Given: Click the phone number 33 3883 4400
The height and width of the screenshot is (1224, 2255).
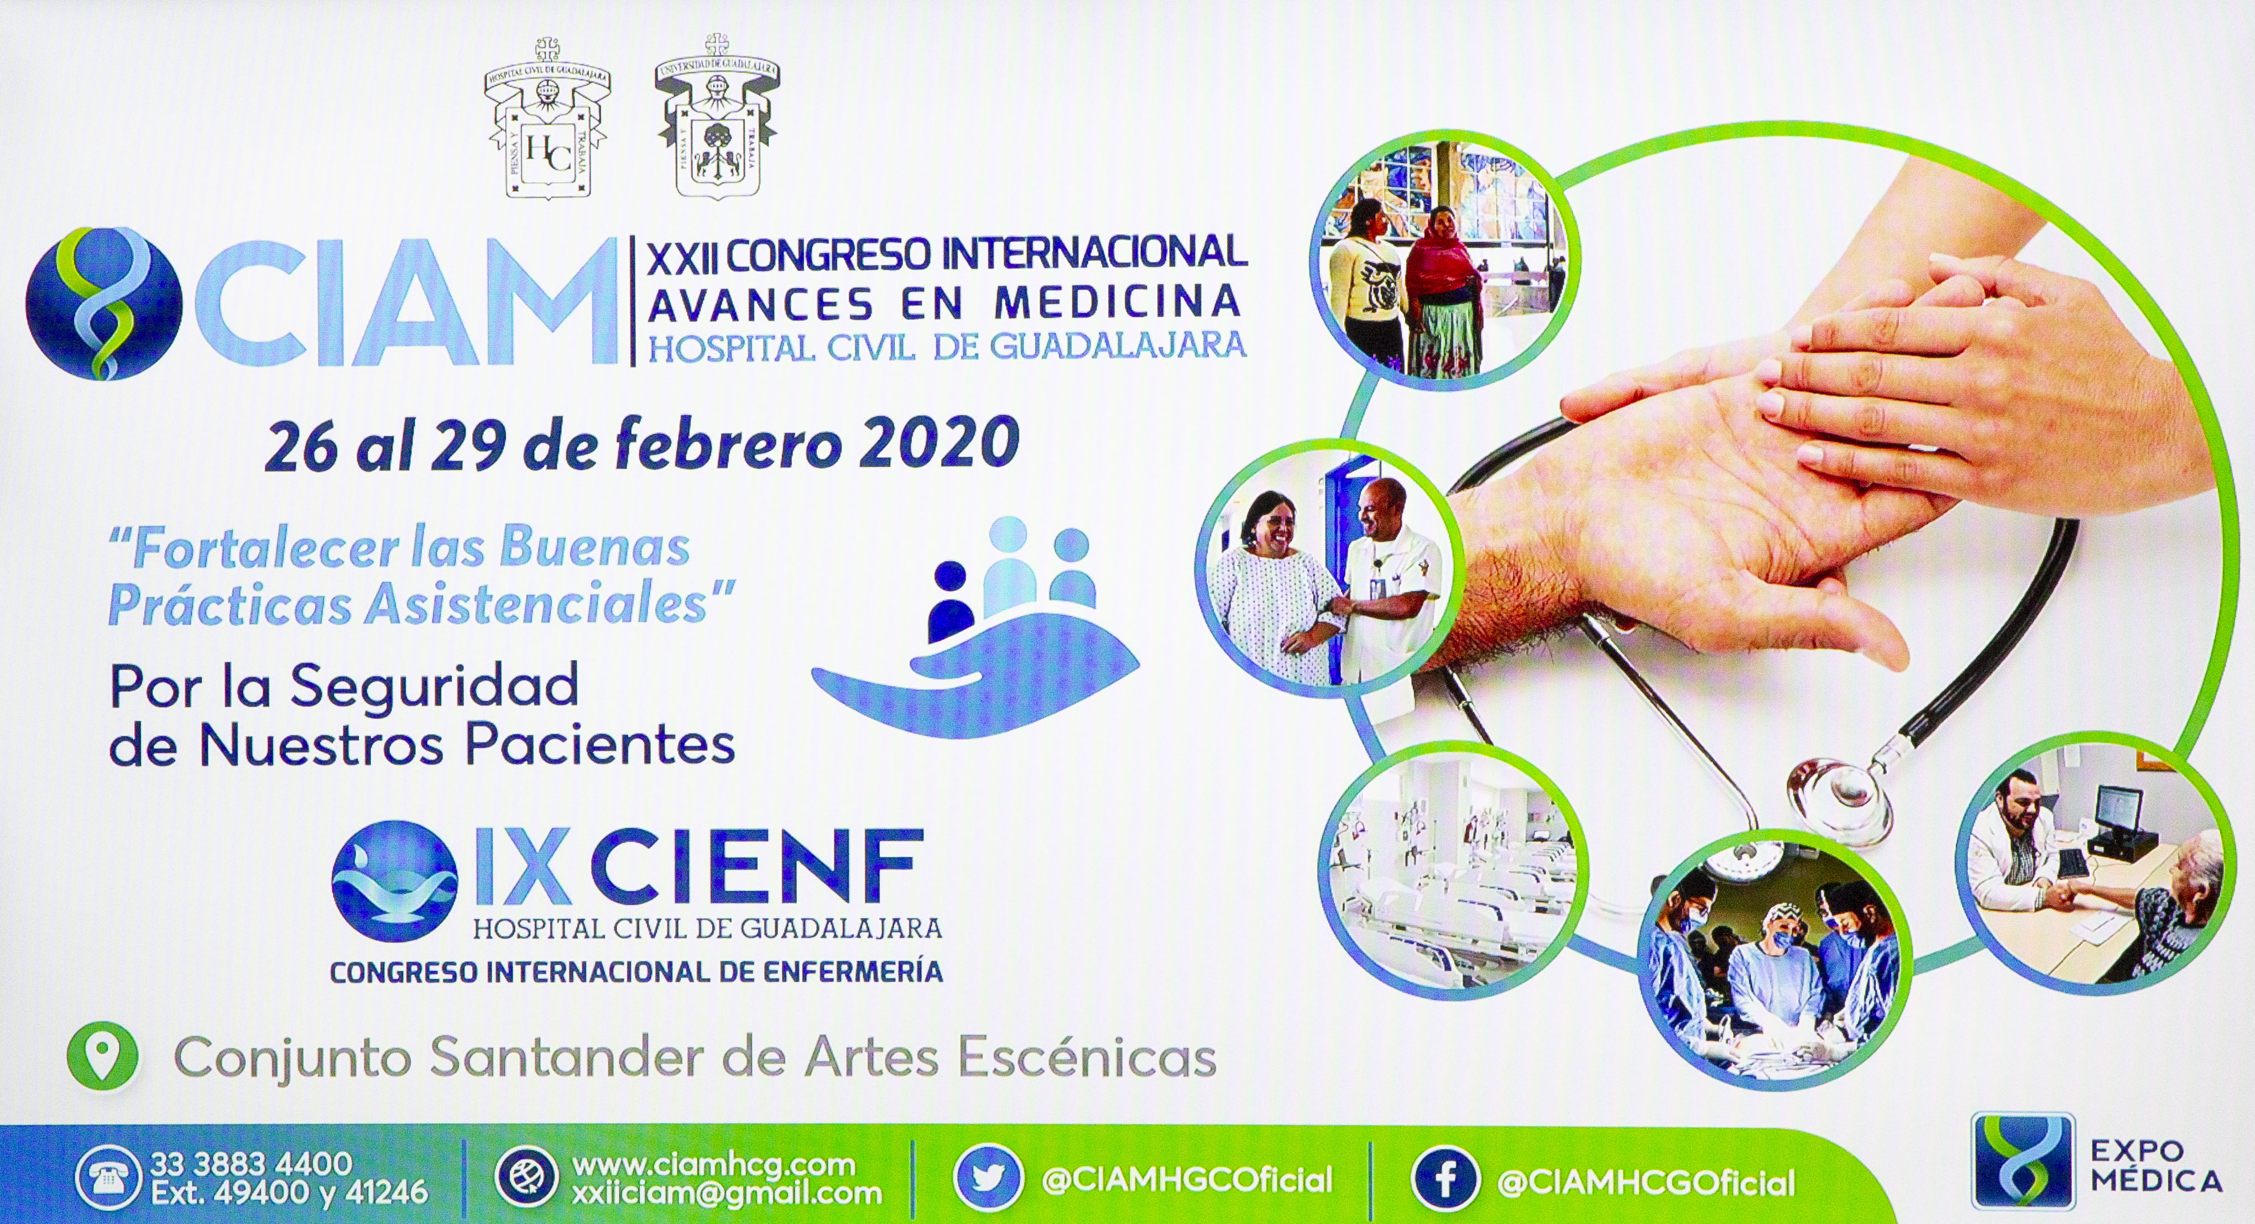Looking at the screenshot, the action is [x=252, y=1164].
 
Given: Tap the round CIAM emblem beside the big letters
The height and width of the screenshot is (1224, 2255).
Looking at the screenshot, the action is [x=104, y=303].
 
